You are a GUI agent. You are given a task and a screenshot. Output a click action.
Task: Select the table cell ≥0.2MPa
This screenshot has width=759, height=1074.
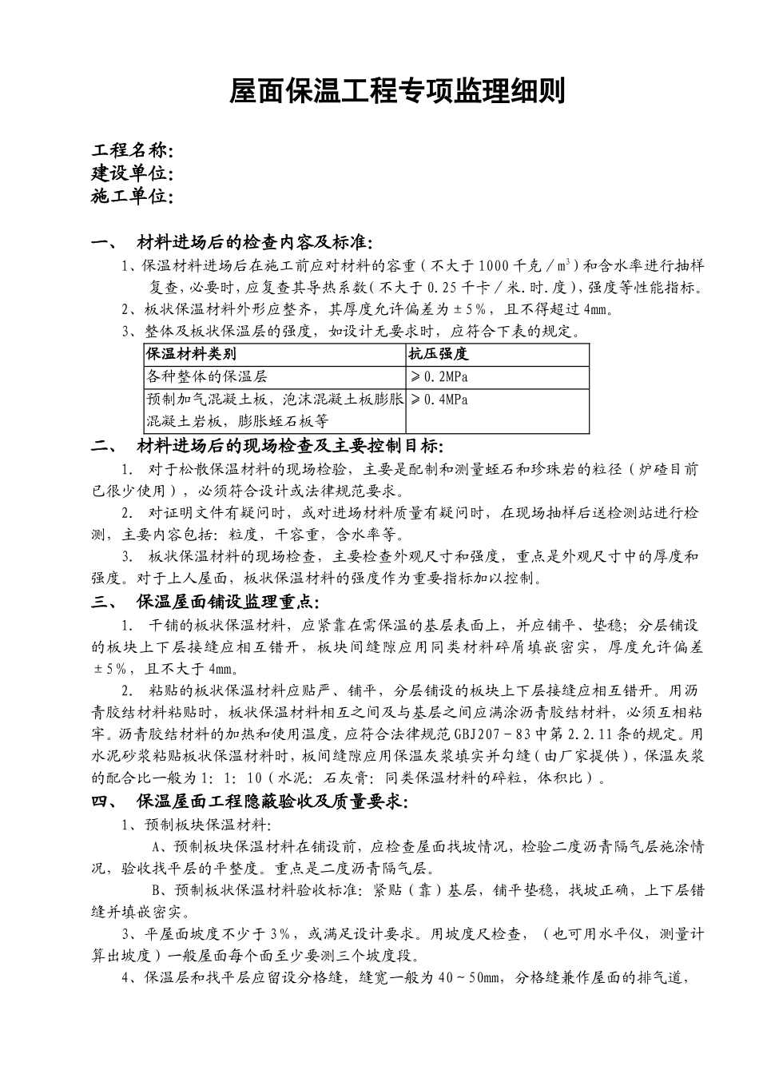(x=439, y=376)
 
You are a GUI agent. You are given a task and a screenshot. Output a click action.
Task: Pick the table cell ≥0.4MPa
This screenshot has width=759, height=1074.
(x=439, y=400)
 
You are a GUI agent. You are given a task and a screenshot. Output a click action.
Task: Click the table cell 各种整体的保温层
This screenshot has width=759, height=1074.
(x=206, y=376)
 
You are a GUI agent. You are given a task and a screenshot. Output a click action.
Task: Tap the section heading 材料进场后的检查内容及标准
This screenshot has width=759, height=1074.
(x=254, y=242)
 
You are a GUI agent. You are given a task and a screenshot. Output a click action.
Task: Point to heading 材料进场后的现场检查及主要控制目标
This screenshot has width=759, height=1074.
(x=289, y=445)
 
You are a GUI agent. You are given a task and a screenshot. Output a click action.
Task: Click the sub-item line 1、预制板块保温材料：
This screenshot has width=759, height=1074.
(x=197, y=825)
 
